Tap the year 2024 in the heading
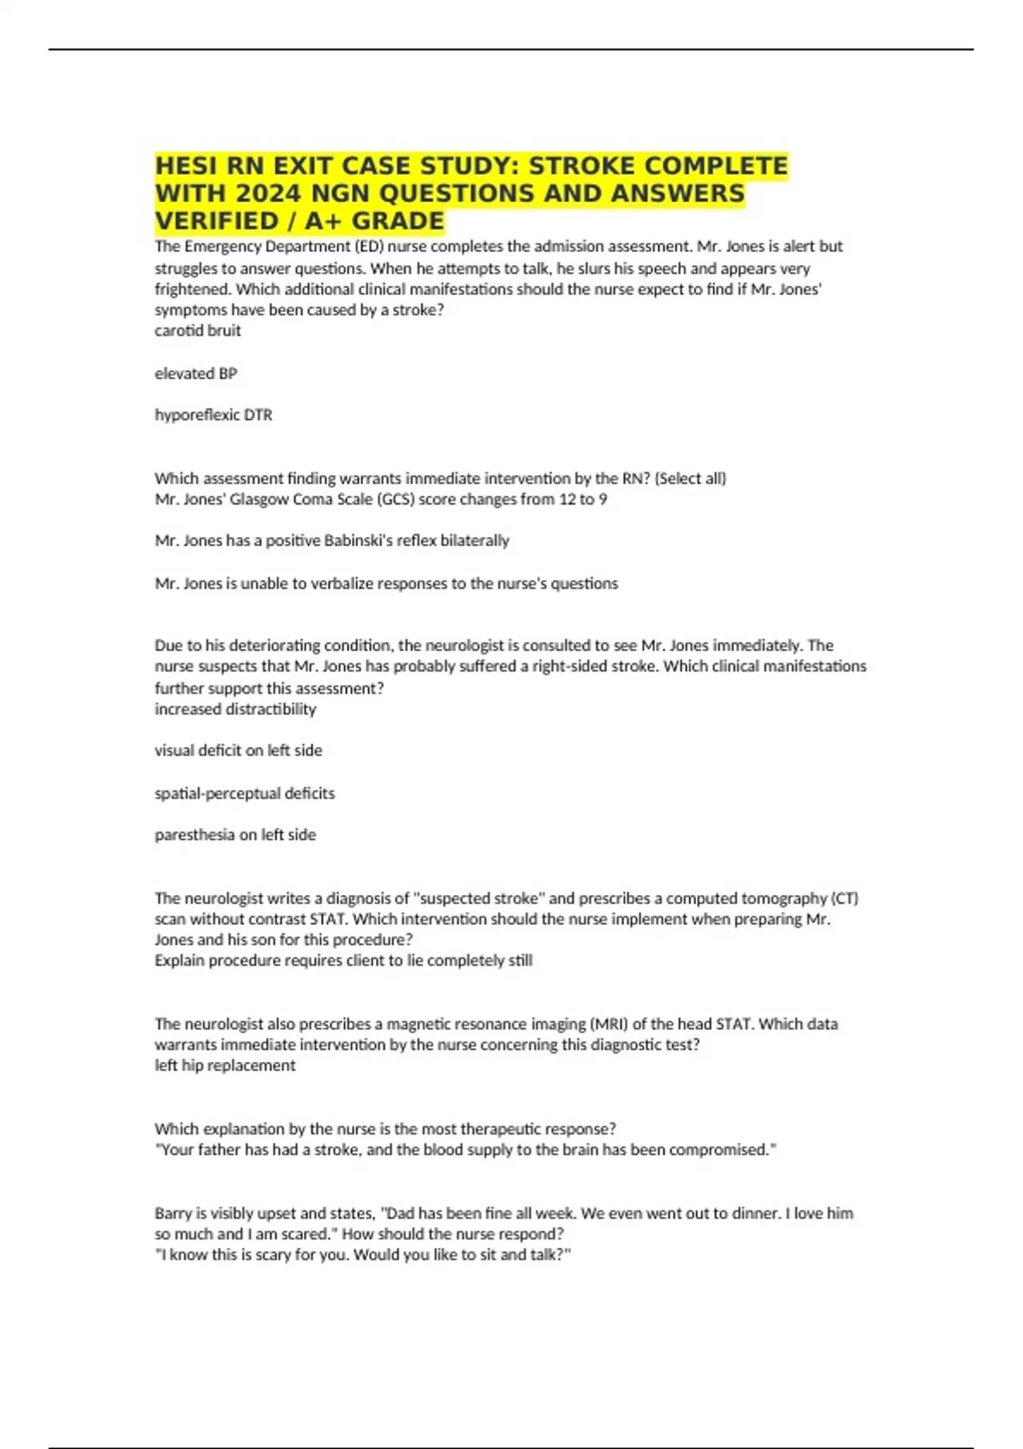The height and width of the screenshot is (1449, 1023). tap(263, 193)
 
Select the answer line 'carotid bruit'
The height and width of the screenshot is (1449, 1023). tap(198, 331)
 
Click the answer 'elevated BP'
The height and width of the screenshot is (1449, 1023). tap(196, 373)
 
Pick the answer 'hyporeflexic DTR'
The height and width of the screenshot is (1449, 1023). tap(213, 415)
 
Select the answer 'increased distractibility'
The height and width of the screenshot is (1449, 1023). tap(235, 709)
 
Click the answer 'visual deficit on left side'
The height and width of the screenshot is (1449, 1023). tap(238, 751)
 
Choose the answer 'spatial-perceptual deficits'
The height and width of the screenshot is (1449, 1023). tap(245, 794)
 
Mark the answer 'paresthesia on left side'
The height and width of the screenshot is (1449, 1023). tap(235, 835)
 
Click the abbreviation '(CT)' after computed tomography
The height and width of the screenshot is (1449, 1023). tap(844, 898)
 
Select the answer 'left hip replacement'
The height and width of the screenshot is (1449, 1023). tap(225, 1065)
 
